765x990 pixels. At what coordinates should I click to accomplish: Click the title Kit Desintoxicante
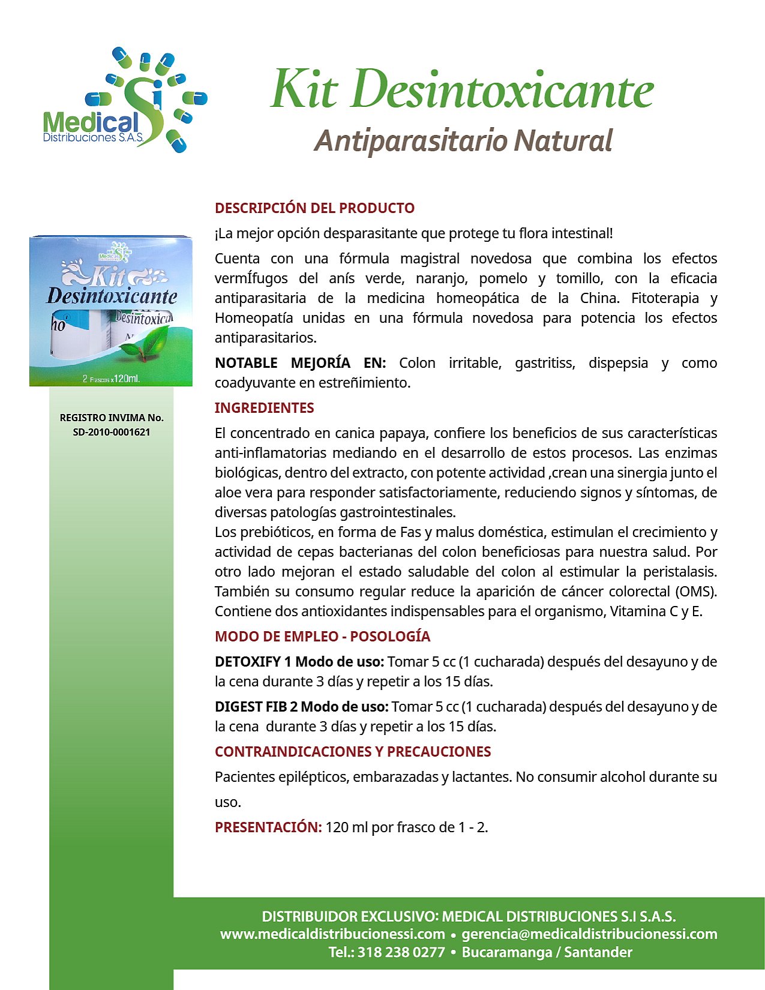[461, 90]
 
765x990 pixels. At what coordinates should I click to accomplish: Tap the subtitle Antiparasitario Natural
[463, 141]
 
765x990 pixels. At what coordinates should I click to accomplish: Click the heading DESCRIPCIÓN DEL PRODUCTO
[314, 208]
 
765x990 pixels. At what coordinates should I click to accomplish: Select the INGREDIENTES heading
[264, 408]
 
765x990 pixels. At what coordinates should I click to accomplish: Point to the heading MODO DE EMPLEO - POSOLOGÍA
[322, 637]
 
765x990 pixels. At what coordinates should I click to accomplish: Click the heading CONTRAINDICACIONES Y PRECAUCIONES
[353, 752]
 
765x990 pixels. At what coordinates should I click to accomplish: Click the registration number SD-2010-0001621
[112, 432]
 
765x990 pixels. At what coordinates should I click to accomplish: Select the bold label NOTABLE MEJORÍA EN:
[300, 363]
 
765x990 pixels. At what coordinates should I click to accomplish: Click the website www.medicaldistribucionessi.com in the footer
[332, 934]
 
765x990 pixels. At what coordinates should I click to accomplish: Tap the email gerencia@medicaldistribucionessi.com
[589, 934]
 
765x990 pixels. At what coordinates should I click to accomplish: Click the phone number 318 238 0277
[401, 952]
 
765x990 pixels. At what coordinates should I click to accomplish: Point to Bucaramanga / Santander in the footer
[547, 952]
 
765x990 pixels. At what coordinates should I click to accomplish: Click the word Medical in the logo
[91, 123]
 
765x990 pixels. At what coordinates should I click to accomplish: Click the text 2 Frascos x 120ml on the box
[111, 379]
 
